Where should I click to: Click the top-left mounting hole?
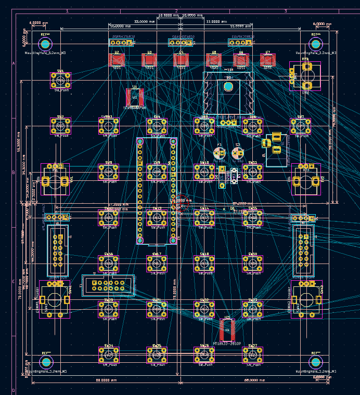[x=45, y=44]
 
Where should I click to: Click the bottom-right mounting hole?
[x=315, y=362]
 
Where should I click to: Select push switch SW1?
[x=60, y=81]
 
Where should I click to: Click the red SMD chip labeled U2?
[x=117, y=60]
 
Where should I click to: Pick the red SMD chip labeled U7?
[x=267, y=60]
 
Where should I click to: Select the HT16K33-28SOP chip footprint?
[x=227, y=329]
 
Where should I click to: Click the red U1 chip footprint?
[x=135, y=97]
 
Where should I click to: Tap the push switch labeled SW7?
[x=301, y=126]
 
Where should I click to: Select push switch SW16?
[x=108, y=264]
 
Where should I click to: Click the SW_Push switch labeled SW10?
[x=204, y=172]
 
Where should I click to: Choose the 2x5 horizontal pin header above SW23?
[x=108, y=285]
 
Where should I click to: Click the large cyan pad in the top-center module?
[x=228, y=86]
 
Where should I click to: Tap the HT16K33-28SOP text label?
[x=227, y=344]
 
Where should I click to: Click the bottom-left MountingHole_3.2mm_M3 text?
[x=46, y=372]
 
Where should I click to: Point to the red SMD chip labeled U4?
[x=182, y=60]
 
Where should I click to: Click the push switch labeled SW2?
[x=60, y=126]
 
